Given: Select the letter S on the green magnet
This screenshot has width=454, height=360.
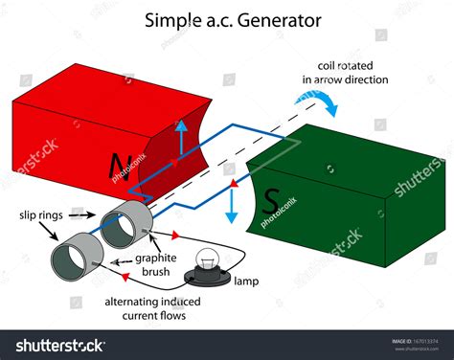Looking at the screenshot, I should pyautogui.click(x=271, y=202).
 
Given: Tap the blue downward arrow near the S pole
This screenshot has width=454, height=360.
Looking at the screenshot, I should pyautogui.click(x=232, y=205).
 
